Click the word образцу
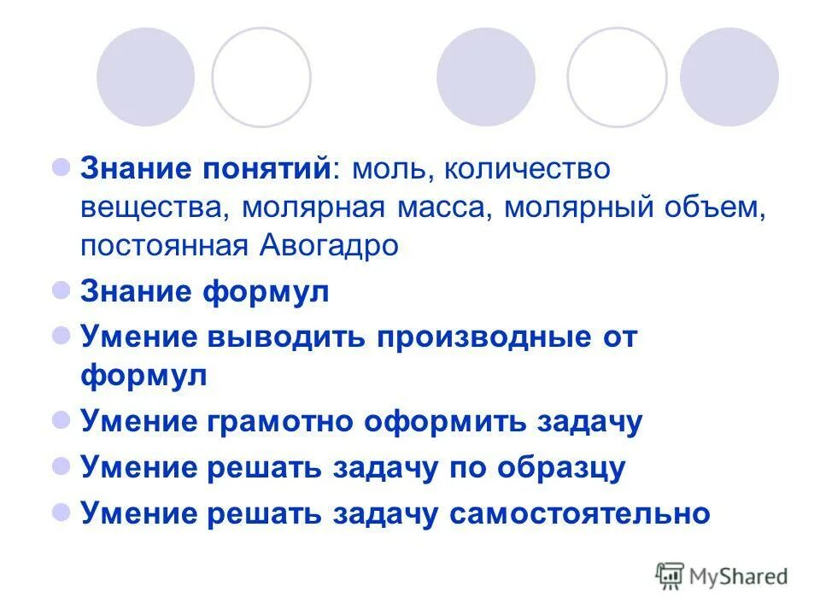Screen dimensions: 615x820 [562, 468]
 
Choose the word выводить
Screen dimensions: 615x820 [284, 337]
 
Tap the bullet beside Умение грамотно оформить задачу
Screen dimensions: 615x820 [61, 420]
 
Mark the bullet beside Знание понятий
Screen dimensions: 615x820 [61, 167]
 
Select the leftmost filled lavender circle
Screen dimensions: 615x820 [146, 77]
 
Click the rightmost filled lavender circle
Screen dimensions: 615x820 [729, 77]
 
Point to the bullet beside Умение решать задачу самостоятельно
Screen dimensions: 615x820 [61, 512]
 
